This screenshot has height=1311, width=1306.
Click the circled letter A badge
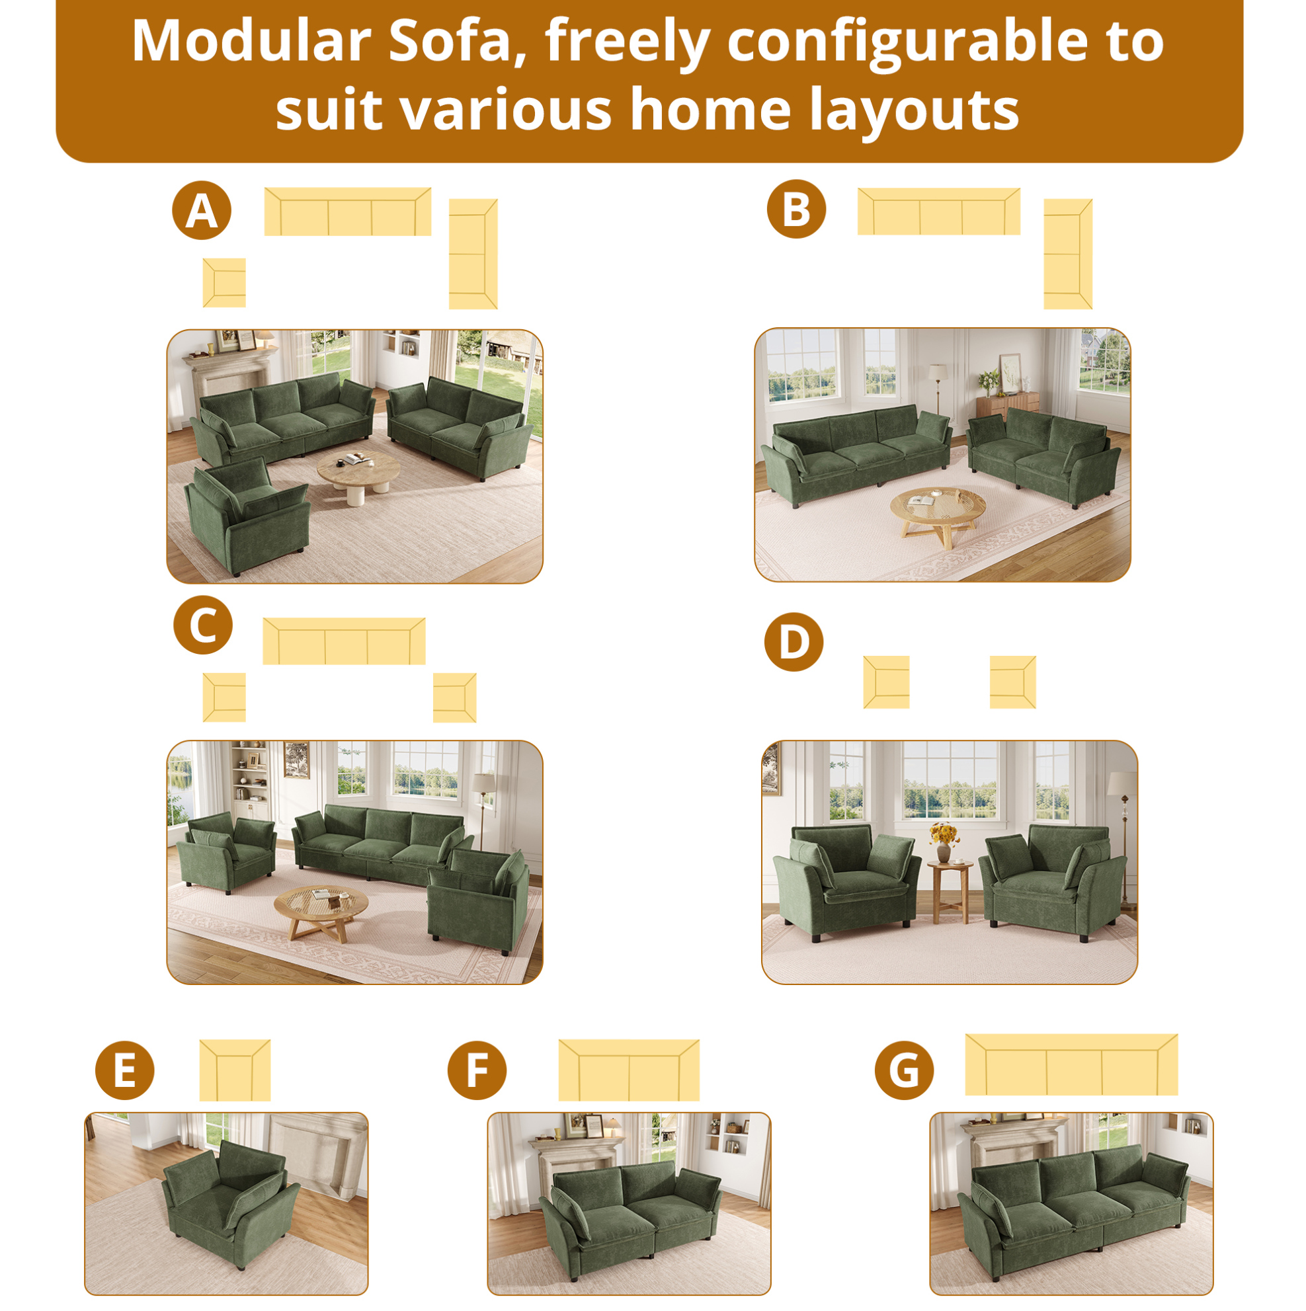202,210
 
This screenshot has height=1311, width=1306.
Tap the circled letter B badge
796,209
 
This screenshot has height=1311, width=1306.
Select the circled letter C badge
203,625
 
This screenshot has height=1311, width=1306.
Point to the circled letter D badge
794,642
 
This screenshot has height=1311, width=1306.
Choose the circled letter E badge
125,1070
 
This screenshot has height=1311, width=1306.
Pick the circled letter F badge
477,1070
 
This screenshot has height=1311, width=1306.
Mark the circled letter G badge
904,1070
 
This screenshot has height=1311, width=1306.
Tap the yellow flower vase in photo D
944,842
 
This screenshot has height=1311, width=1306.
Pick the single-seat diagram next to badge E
235,1070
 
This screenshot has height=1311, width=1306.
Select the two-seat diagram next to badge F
629,1070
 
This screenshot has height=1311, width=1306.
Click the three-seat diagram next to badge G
1071,1064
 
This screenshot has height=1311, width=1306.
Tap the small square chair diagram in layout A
224,282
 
